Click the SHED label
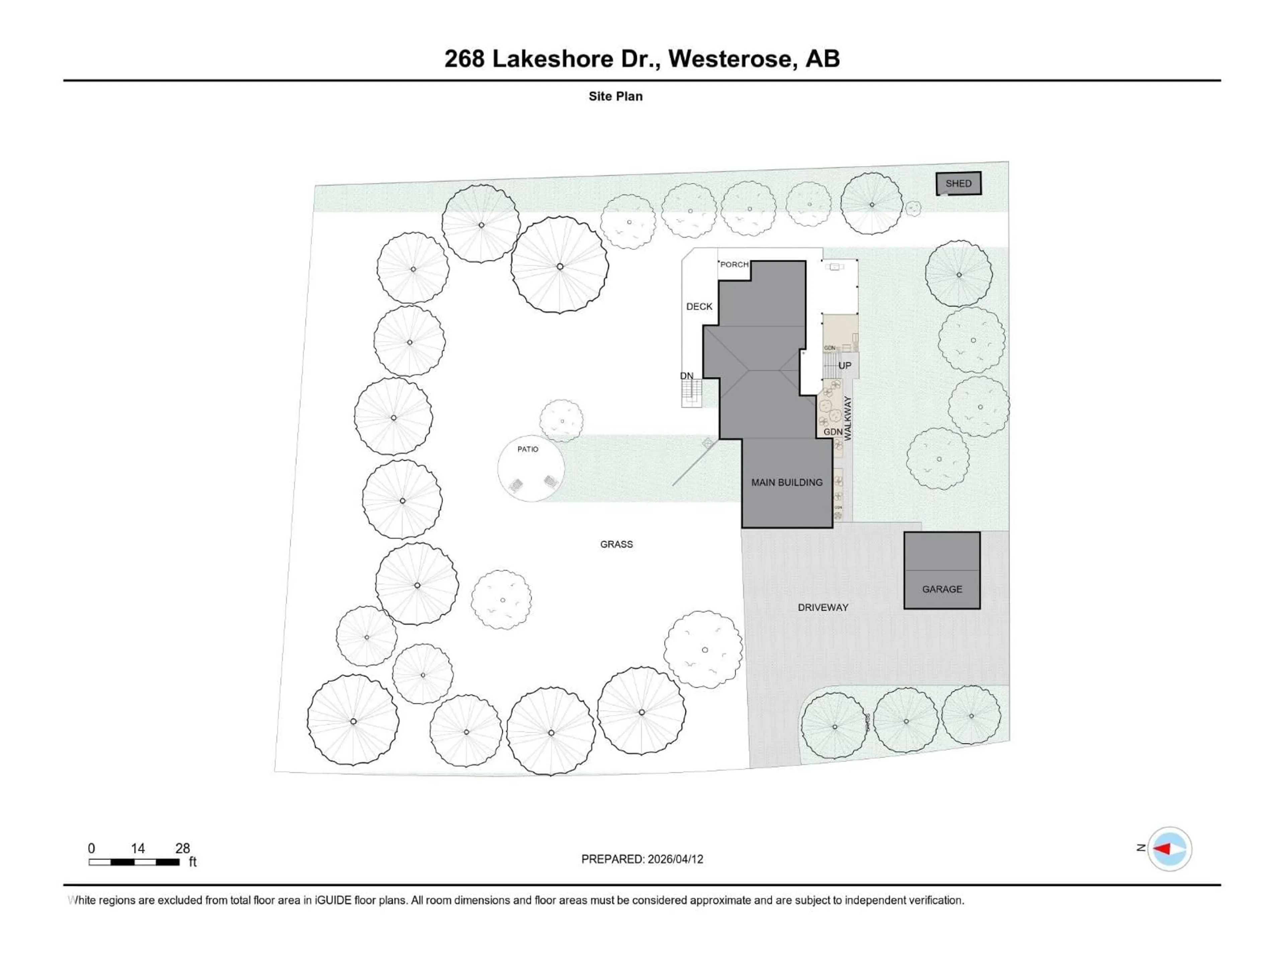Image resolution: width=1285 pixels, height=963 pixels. [958, 184]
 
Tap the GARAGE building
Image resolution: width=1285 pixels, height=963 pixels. [942, 570]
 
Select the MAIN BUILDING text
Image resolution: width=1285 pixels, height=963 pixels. [787, 483]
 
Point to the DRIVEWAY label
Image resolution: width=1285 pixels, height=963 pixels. [823, 607]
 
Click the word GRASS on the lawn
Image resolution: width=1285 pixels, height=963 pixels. [616, 544]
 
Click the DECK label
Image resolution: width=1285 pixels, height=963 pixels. [699, 307]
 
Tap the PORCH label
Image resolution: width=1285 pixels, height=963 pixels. [734, 265]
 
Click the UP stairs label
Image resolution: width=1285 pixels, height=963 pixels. [845, 366]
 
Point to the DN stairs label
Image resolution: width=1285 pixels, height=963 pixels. [687, 376]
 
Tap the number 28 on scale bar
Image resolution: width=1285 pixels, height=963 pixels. [182, 848]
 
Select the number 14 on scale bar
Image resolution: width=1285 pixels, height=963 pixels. [138, 848]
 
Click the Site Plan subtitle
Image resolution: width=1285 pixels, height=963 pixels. [615, 96]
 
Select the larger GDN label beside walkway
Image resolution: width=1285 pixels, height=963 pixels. [833, 432]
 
